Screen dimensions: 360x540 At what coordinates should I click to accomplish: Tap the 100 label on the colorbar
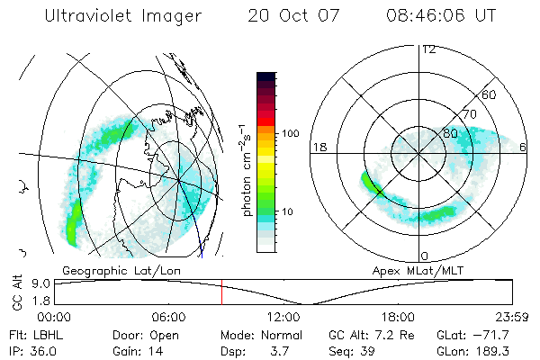[290, 133]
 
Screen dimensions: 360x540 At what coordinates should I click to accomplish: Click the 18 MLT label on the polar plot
[317, 147]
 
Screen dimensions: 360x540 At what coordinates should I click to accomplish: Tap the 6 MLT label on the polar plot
[523, 147]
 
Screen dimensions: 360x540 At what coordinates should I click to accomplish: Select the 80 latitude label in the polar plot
[450, 133]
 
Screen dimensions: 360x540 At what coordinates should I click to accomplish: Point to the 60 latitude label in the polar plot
[490, 94]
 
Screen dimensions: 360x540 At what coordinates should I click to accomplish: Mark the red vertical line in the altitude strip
[221, 292]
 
